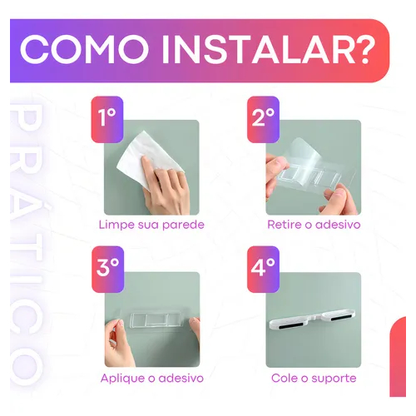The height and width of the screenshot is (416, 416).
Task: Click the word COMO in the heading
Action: click(84, 50)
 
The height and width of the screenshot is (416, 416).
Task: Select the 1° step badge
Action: click(107, 120)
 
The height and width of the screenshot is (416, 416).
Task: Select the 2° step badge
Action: click(263, 120)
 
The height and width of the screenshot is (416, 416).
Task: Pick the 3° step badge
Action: click(107, 270)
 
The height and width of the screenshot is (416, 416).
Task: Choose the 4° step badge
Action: click(263, 270)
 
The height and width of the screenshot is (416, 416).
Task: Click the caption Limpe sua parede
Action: click(151, 225)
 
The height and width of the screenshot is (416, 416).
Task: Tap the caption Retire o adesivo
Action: click(314, 225)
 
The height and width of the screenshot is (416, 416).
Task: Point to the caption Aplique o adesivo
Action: click(152, 379)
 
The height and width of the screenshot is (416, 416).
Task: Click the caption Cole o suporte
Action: click(314, 379)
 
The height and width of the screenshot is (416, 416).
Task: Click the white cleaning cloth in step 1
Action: click(147, 156)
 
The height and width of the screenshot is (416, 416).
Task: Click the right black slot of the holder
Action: click(340, 317)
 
